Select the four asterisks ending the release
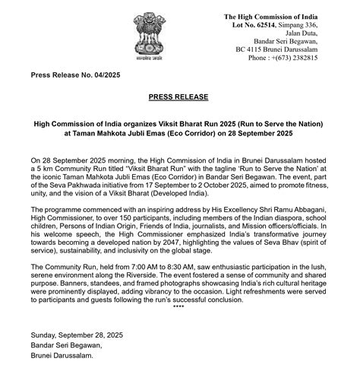click(x=178, y=306)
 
